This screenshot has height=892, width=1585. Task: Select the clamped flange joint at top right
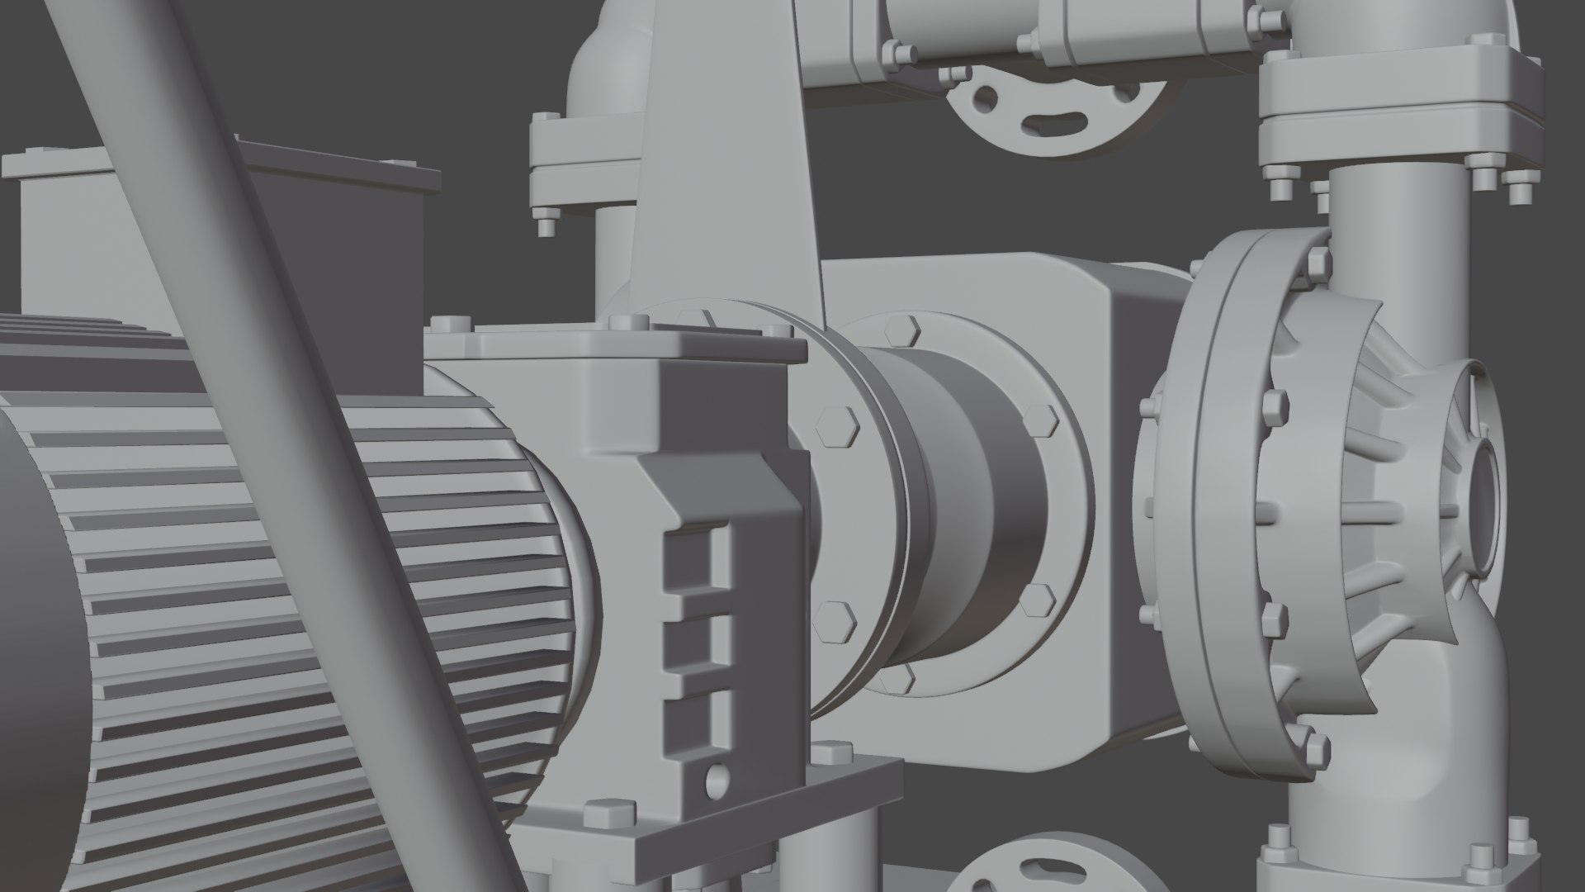tap(1395, 107)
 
